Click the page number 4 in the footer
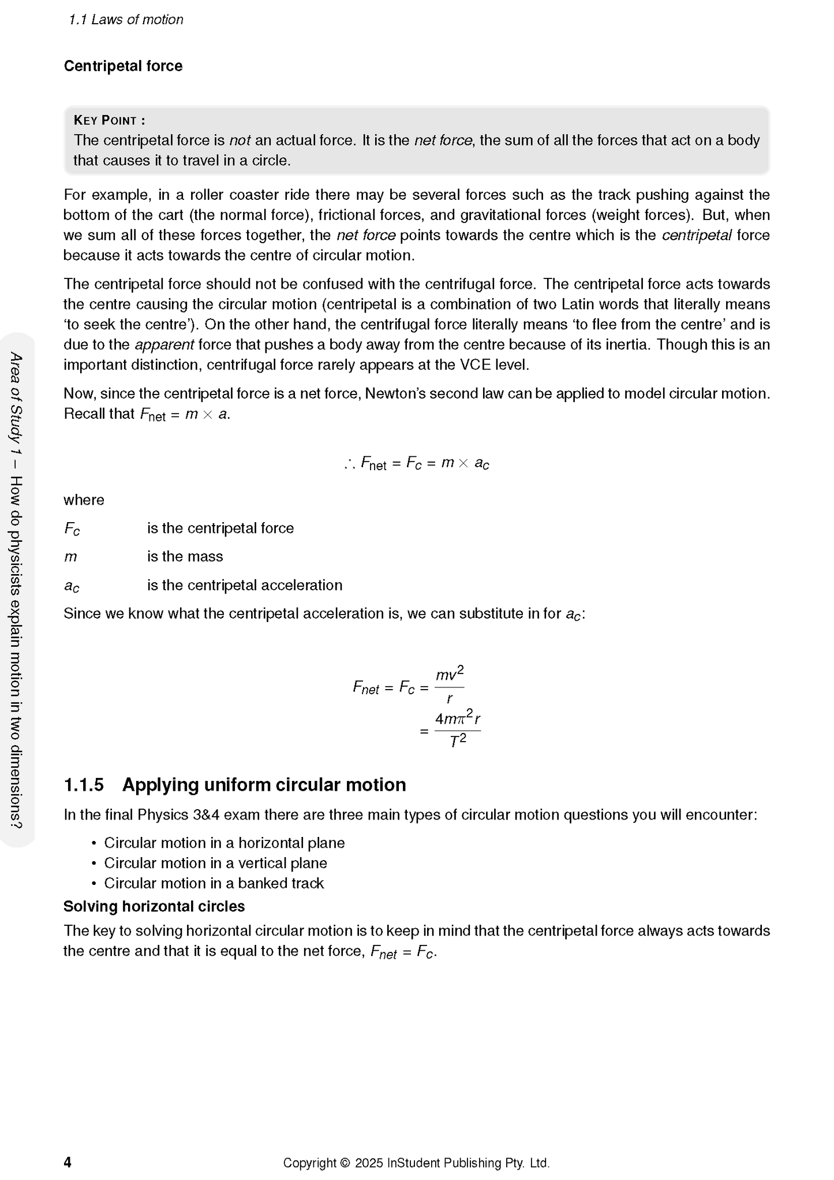(x=68, y=1162)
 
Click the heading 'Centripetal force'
(x=123, y=66)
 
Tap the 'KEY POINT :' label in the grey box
(x=110, y=120)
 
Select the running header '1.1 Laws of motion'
(x=126, y=20)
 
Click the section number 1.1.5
(x=84, y=785)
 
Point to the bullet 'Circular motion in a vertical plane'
(x=215, y=863)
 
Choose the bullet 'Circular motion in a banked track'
(x=214, y=883)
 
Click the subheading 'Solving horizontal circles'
(x=154, y=906)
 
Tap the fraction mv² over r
(x=450, y=687)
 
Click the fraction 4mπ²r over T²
(x=458, y=730)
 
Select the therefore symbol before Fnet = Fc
(x=349, y=463)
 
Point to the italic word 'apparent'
(x=164, y=345)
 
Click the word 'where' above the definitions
(x=84, y=500)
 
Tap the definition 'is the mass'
(x=185, y=556)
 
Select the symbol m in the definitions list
(x=70, y=557)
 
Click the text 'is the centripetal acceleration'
(x=245, y=585)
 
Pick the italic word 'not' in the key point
(x=240, y=140)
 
